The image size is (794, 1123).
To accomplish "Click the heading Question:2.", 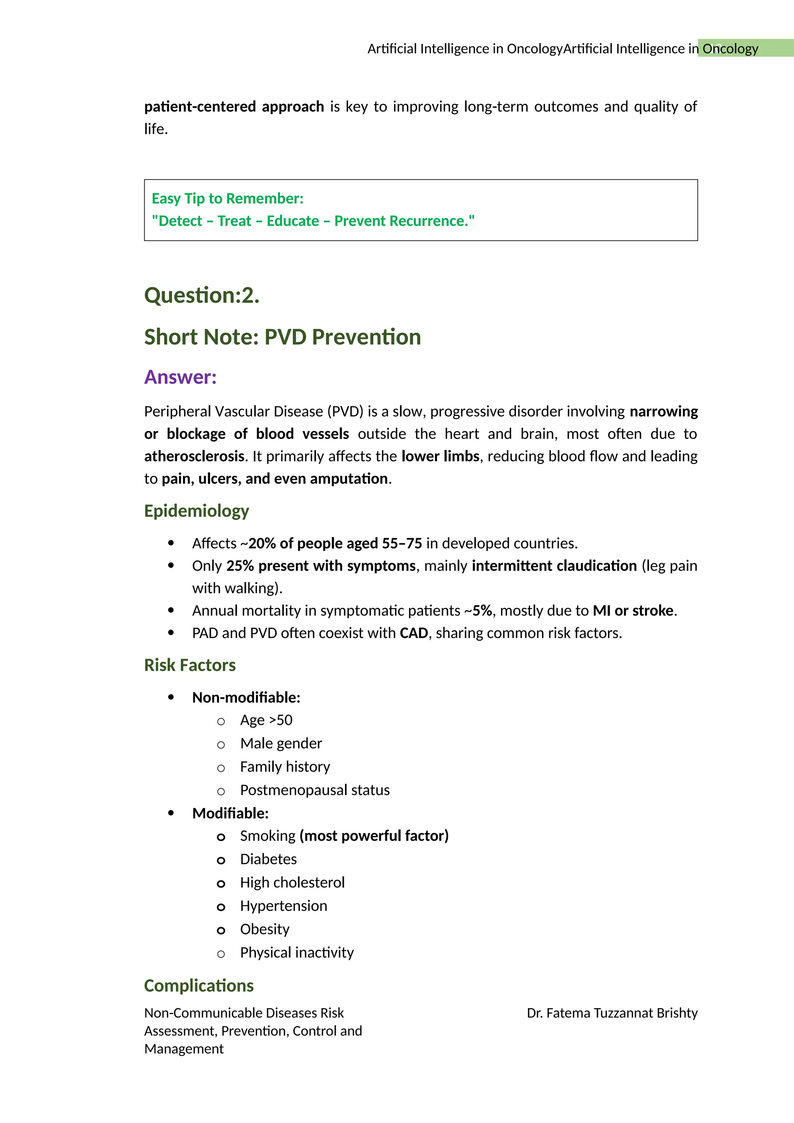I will (x=202, y=295).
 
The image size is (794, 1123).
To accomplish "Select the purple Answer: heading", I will (x=180, y=377).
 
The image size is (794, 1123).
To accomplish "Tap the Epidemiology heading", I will (x=197, y=511).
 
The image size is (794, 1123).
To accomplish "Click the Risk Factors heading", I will (x=190, y=665).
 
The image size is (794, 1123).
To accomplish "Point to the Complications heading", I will (x=198, y=986).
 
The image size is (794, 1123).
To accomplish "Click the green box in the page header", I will (x=745, y=48).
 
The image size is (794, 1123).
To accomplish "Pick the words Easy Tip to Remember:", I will (x=227, y=199).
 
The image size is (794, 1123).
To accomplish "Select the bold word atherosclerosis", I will (x=194, y=456).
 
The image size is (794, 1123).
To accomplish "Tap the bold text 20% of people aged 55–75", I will (x=335, y=543).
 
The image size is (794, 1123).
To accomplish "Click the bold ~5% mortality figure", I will (x=481, y=611).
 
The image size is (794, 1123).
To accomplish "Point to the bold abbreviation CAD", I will (x=414, y=633).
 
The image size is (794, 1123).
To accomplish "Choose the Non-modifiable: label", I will (x=246, y=698).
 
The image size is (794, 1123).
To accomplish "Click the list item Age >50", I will (x=266, y=720).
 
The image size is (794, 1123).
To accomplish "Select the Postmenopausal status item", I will (x=314, y=790).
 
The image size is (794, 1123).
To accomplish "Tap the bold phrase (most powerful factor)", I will (x=374, y=836).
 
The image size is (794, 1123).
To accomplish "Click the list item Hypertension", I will (x=283, y=906).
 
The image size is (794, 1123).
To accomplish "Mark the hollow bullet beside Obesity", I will (x=221, y=930).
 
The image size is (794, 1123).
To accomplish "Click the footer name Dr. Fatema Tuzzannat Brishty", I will (x=612, y=1013).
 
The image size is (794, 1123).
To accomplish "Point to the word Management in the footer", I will (x=184, y=1049).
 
